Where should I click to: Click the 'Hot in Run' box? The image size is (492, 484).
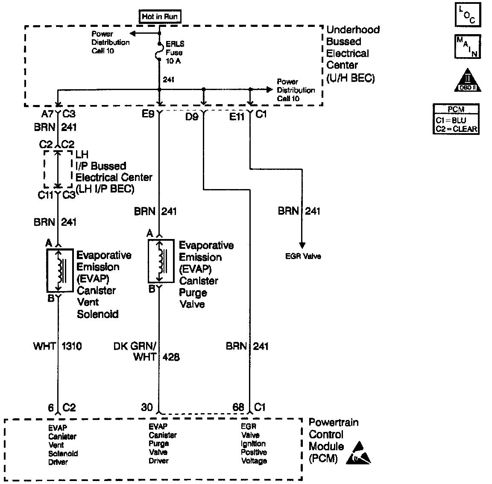tap(160, 17)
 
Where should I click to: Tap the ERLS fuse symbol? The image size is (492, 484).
tap(159, 52)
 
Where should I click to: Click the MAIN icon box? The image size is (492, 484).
tap(468, 47)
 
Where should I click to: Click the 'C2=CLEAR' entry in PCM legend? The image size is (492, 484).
tap(456, 129)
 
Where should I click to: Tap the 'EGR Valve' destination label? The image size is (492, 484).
tap(303, 257)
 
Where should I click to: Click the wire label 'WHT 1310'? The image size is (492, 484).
tap(58, 346)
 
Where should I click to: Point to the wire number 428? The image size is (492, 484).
tap(171, 357)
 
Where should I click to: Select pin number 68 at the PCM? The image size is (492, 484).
tap(238, 407)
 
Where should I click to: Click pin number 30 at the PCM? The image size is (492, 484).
tap(146, 407)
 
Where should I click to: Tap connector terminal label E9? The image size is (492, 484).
tap(148, 114)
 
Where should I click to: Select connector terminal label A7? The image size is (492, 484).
tap(47, 114)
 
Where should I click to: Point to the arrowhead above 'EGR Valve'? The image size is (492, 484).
tap(302, 245)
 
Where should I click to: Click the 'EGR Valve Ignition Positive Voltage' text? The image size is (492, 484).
tap(254, 444)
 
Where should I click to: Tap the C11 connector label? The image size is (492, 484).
tap(45, 195)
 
